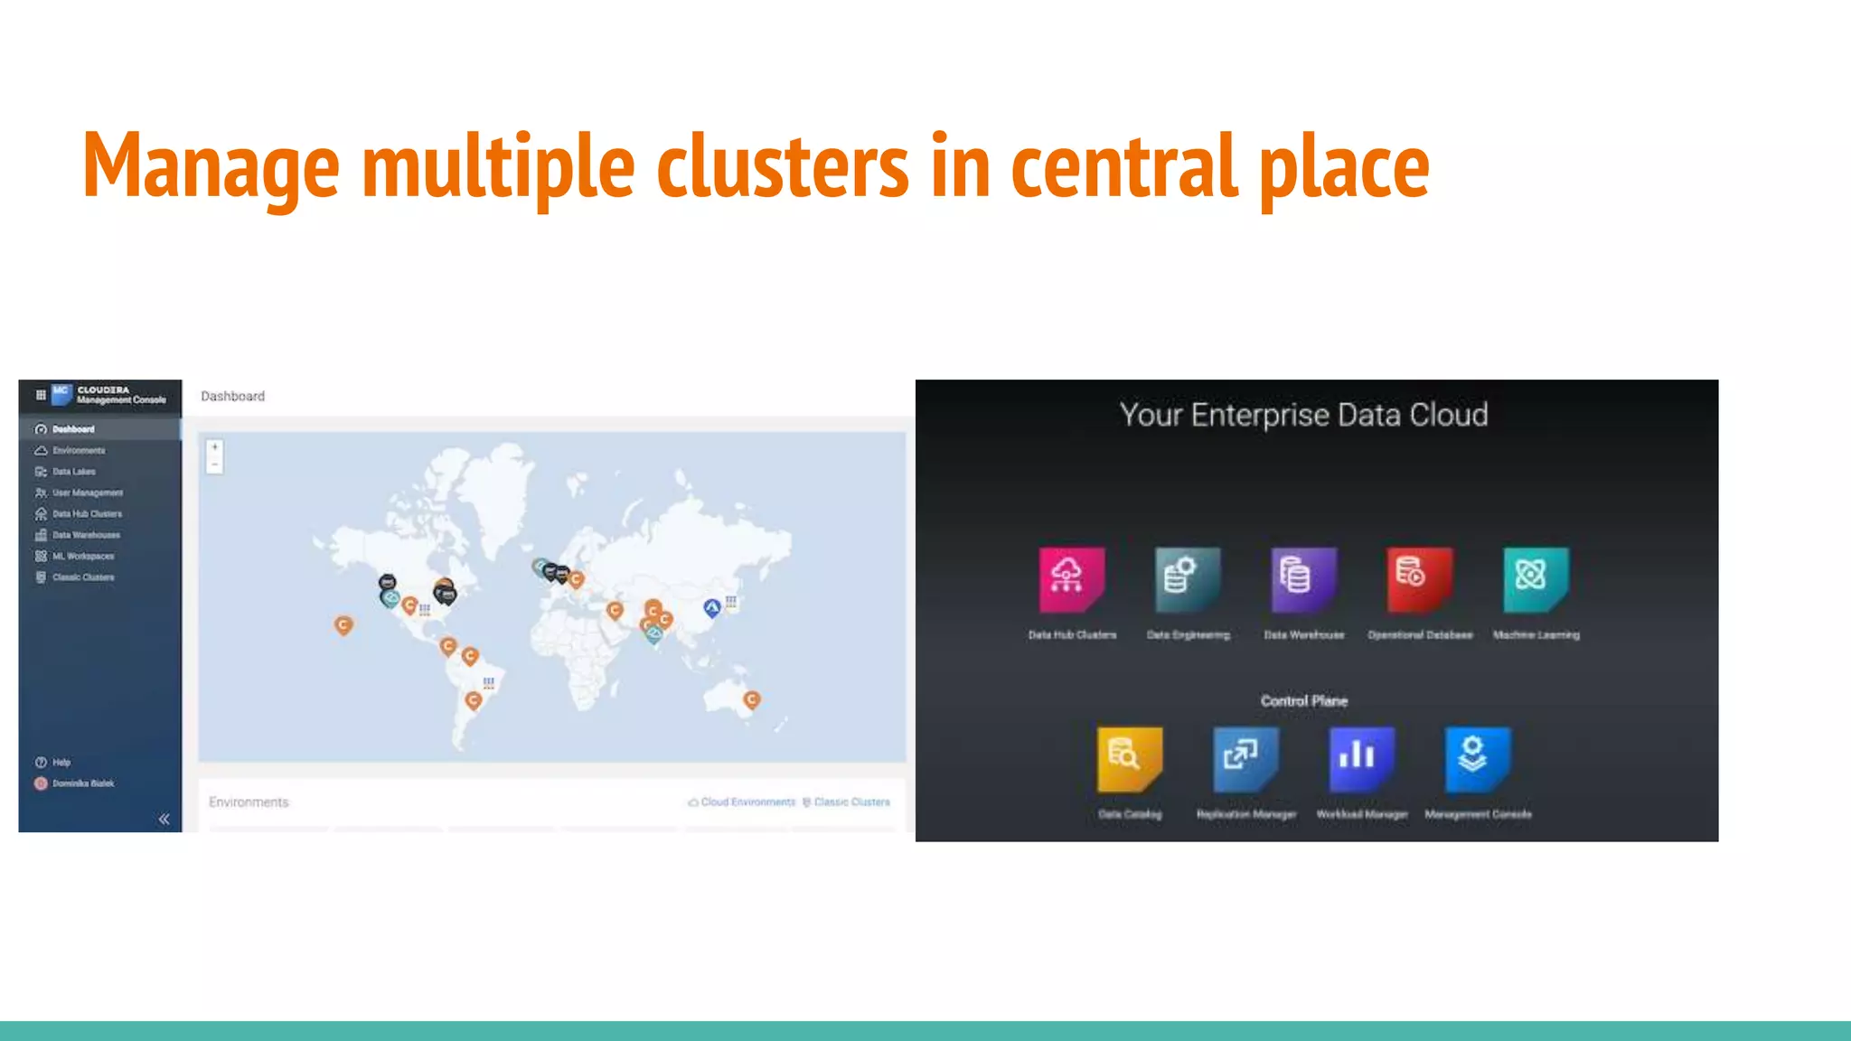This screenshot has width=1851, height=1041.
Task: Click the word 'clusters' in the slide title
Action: pos(782,166)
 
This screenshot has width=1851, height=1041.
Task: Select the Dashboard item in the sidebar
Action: pos(72,429)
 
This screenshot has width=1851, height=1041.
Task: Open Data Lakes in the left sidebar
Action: pos(73,472)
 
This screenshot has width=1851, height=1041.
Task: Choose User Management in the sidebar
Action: pos(87,492)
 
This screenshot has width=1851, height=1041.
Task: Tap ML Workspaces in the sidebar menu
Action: pos(82,556)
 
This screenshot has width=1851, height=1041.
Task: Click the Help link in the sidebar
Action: pos(61,762)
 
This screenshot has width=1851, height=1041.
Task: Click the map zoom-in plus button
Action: pos(215,447)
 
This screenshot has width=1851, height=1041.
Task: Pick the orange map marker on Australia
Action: pos(752,699)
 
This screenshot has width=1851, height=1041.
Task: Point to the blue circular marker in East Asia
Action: pos(712,607)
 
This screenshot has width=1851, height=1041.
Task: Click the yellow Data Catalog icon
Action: pos(1129,757)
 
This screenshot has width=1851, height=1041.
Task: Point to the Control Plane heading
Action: pos(1303,700)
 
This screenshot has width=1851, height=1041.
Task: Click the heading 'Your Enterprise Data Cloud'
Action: pos(1303,415)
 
